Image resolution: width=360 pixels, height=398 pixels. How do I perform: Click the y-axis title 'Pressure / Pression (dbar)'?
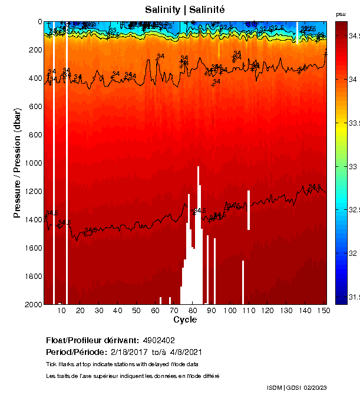17,163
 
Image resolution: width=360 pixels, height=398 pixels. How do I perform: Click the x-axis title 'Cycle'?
184,320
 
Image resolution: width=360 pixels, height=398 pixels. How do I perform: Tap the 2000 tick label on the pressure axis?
32,304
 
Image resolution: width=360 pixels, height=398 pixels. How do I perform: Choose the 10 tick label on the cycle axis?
61,311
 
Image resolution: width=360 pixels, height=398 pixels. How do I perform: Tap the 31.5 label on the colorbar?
352,297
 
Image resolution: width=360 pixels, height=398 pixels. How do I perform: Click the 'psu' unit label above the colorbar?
341,14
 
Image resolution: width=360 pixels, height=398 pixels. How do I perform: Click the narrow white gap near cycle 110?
249,210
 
